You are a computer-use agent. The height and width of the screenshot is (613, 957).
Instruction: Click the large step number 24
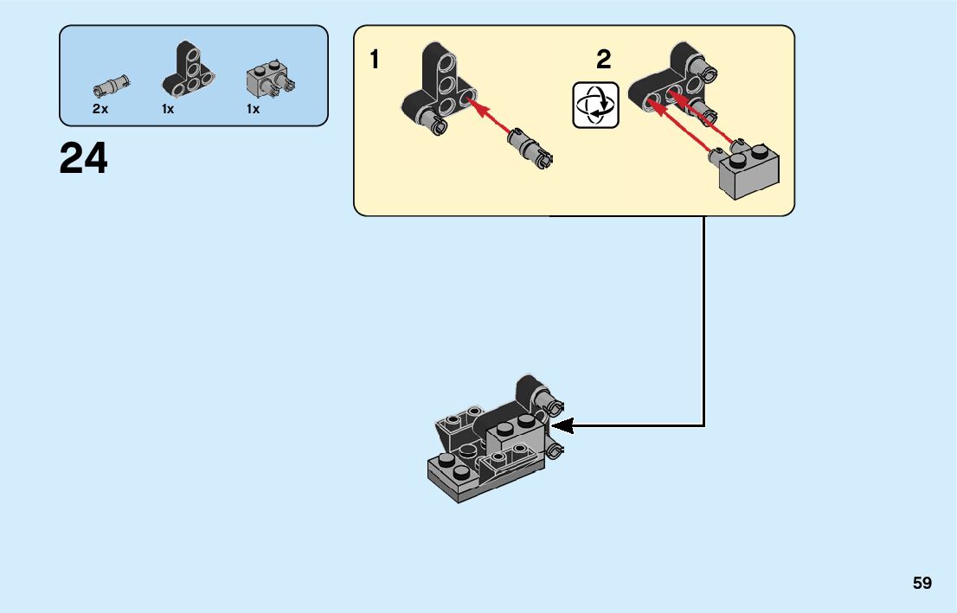point(84,159)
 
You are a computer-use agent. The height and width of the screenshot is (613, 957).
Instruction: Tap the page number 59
point(922,583)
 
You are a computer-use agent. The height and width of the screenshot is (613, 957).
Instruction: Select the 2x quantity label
point(100,109)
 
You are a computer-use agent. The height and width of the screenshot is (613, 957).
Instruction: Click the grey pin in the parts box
point(110,86)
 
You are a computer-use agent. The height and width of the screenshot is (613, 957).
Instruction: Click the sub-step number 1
point(374,61)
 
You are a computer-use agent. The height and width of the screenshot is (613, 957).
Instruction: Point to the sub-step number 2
point(604,60)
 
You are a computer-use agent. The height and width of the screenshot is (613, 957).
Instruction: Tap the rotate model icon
point(596,105)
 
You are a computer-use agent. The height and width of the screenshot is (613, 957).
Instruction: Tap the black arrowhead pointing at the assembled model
point(562,425)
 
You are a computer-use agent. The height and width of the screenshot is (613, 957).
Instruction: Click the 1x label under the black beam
point(168,109)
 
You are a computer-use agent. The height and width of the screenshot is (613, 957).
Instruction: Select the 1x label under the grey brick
point(253,109)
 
